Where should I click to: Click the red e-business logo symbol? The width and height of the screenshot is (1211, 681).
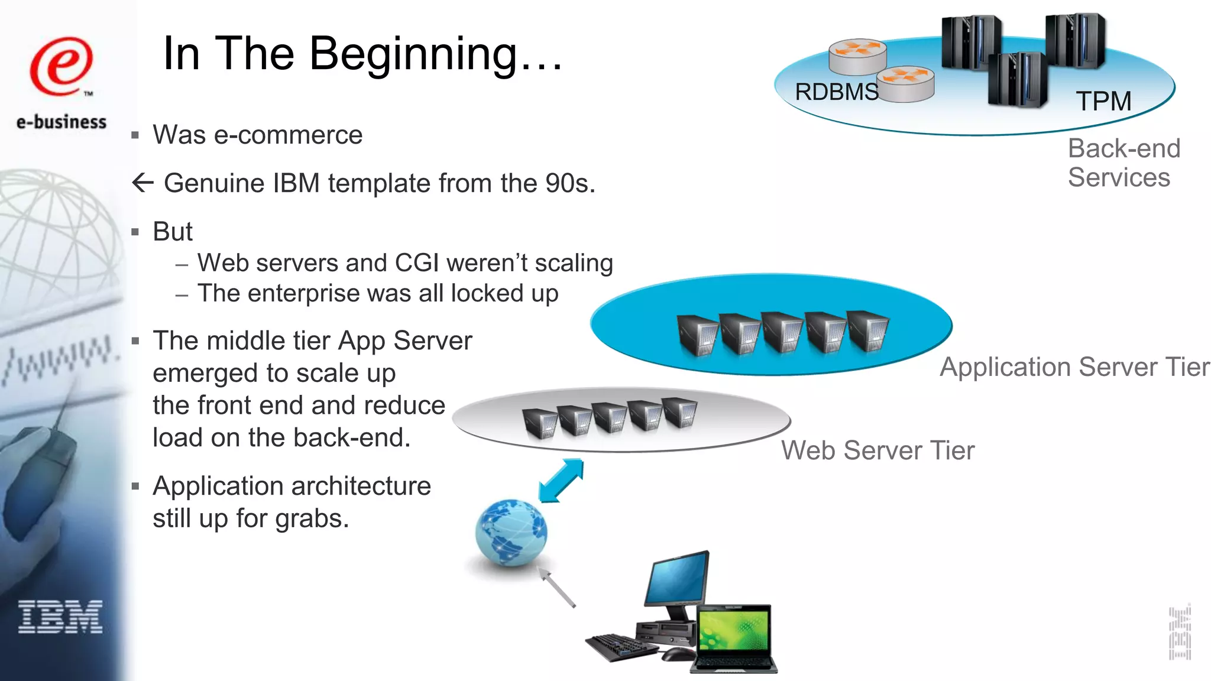(61, 66)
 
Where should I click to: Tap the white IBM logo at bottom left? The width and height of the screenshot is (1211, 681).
(60, 617)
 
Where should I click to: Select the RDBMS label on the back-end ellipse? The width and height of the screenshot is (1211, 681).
(836, 92)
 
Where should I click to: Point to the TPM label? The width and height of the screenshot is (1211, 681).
(1103, 101)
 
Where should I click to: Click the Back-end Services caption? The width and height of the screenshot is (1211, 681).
(1123, 163)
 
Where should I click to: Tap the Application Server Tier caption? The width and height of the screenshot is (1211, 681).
(1074, 367)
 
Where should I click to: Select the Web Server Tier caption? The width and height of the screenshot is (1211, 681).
(878, 450)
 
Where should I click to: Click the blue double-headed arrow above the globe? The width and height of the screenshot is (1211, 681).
(561, 481)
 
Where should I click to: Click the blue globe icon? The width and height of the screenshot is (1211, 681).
(511, 532)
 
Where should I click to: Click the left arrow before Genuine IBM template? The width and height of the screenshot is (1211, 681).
(143, 183)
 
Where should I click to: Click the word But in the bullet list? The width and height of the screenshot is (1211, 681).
(172, 232)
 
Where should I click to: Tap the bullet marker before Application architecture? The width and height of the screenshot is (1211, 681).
(135, 487)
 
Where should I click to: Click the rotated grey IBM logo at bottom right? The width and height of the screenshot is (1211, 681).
(1180, 633)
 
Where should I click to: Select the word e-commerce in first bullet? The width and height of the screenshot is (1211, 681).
(288, 135)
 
